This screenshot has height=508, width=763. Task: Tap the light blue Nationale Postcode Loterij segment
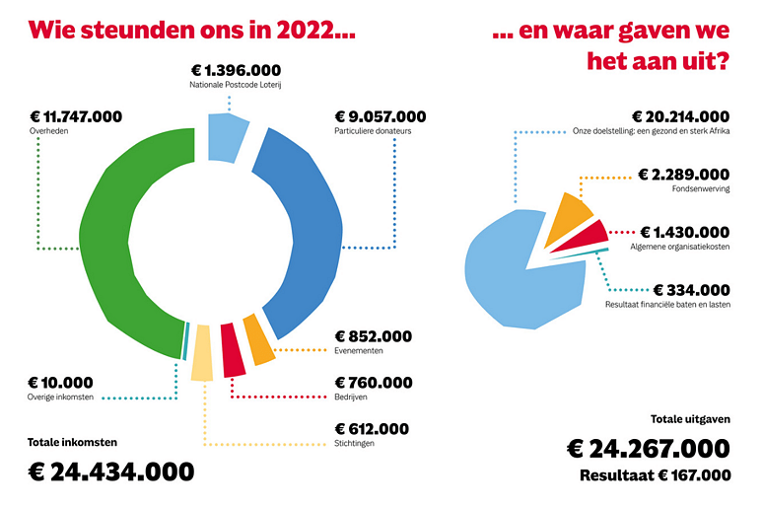[228, 136]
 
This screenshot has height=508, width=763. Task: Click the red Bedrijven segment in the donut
[233, 349]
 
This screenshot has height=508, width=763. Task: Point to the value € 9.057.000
[381, 117]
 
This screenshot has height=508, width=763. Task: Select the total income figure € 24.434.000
[111, 471]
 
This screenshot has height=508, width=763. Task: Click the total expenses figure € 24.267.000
[648, 449]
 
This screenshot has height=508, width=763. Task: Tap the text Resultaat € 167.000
[655, 475]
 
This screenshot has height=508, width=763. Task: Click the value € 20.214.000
[680, 116]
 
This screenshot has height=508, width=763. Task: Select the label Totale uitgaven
[690, 419]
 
